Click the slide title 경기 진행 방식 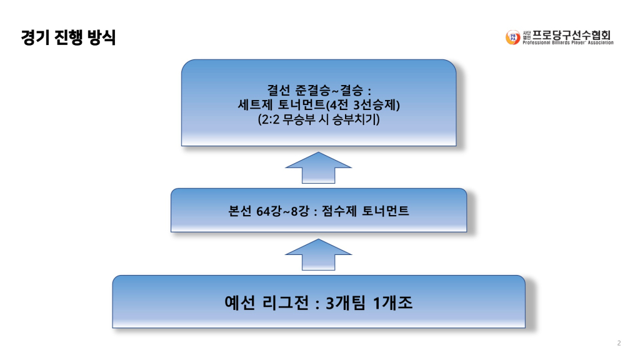pyautogui.click(x=68, y=37)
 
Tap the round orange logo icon pyautogui.click(x=512, y=37)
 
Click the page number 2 pyautogui.click(x=619, y=343)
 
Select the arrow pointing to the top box pyautogui.click(x=319, y=167)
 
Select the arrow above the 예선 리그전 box pyautogui.click(x=319, y=255)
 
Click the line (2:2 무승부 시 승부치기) pyautogui.click(x=319, y=119)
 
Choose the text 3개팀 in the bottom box pyautogui.click(x=346, y=304)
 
